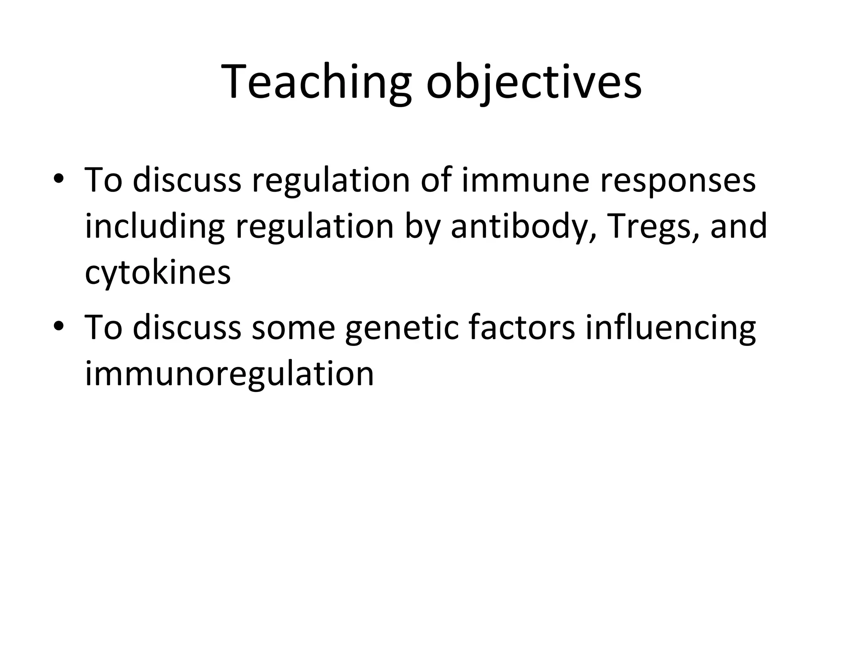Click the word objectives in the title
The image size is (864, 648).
[x=534, y=82]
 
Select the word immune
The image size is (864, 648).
[x=525, y=181]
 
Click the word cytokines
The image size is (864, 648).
[x=158, y=273]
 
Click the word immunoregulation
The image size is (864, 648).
[x=229, y=375]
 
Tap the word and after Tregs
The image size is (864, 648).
[x=739, y=227]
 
